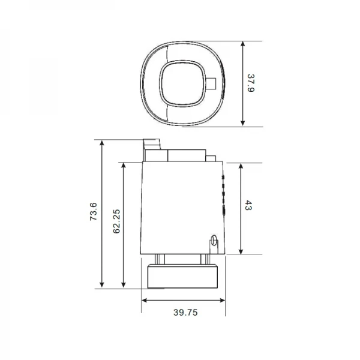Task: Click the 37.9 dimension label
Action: point(252,83)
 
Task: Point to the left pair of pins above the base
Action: point(160,259)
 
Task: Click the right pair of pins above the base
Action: point(205,259)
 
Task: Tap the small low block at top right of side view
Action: point(211,159)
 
